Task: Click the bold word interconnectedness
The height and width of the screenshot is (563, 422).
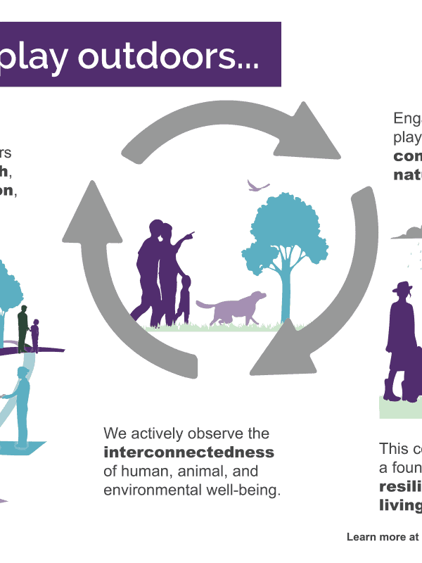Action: tap(188, 452)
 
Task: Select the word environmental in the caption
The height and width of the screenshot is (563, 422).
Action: tap(146, 489)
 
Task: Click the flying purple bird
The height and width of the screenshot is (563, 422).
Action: tap(257, 186)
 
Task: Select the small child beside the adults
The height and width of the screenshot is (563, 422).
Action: tap(184, 299)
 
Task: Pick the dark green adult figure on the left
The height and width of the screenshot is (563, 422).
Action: tap(23, 327)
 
